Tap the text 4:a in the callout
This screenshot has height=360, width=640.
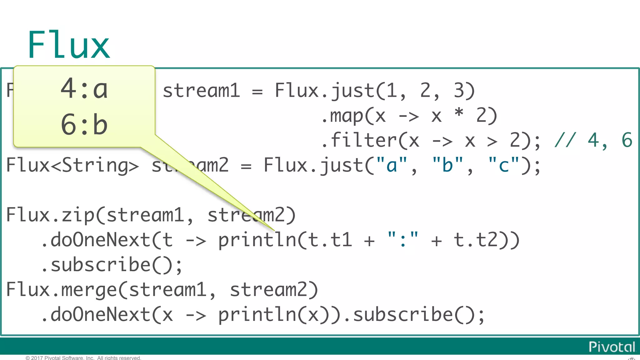coord(84,89)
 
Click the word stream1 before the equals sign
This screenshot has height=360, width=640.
coord(201,91)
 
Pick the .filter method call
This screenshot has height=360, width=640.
coord(359,140)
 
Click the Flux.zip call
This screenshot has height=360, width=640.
coord(50,215)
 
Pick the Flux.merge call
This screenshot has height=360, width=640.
coord(61,290)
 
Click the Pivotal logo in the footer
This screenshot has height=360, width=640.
coord(612,347)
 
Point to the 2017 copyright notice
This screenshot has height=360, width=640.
coord(83,358)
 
